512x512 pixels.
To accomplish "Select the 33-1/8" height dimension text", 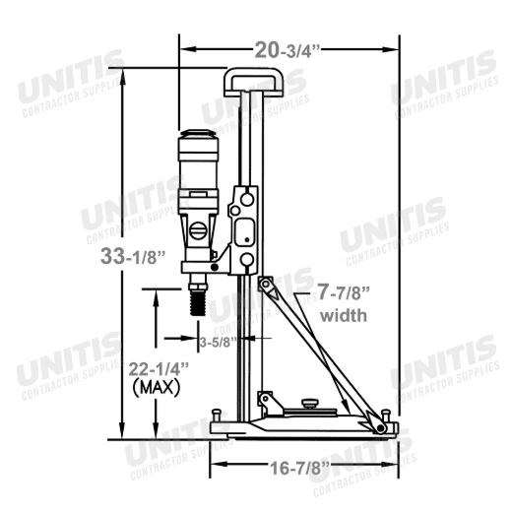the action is (x=133, y=256).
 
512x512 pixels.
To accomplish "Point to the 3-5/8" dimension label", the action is (x=219, y=343).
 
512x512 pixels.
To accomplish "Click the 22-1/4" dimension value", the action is (x=159, y=369).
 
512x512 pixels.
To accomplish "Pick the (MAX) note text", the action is (x=157, y=388).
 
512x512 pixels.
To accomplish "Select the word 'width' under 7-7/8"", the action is (x=344, y=315).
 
